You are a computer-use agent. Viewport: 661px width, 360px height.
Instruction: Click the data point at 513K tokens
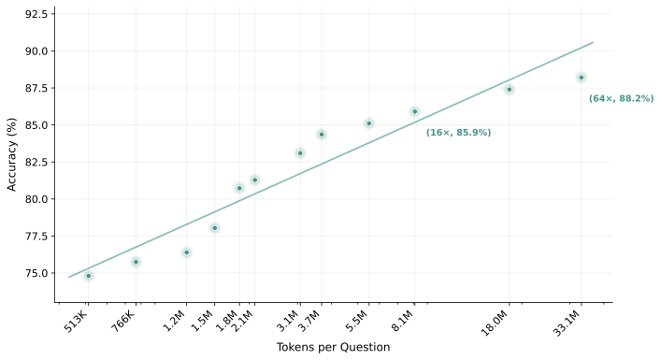tap(89, 276)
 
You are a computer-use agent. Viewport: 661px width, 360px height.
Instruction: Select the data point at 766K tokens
tap(136, 262)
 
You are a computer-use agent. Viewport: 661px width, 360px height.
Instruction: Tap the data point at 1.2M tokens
tap(186, 252)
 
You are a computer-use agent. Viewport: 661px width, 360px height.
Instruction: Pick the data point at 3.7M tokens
tap(322, 135)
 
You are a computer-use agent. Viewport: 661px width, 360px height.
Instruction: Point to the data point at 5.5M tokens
tap(369, 123)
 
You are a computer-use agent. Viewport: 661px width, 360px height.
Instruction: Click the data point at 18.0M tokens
tap(510, 90)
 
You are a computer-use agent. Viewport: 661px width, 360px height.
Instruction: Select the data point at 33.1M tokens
tap(582, 78)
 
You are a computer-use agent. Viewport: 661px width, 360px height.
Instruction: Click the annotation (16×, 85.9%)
tap(458, 133)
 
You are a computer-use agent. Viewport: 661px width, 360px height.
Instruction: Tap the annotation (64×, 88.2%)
tap(621, 98)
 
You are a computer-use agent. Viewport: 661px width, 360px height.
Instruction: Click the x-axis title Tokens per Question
tap(333, 348)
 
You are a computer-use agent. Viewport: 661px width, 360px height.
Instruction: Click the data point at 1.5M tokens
tap(214, 228)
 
